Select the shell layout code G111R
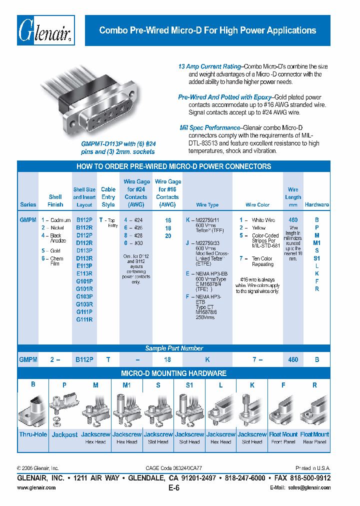coord(84,319)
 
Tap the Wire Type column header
coord(207,204)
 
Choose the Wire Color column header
coord(257,204)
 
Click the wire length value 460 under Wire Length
coord(293,220)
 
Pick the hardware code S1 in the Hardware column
coord(316,258)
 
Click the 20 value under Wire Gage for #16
coord(167,235)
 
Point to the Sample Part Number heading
coord(174,348)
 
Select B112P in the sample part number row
coord(84,359)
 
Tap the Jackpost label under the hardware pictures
coord(64,434)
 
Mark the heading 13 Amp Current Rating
coord(209,66)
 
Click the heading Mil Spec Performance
coord(210,128)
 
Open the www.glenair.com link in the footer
coord(36,487)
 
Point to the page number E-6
coord(173,488)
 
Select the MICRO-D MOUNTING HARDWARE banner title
coord(173,373)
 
